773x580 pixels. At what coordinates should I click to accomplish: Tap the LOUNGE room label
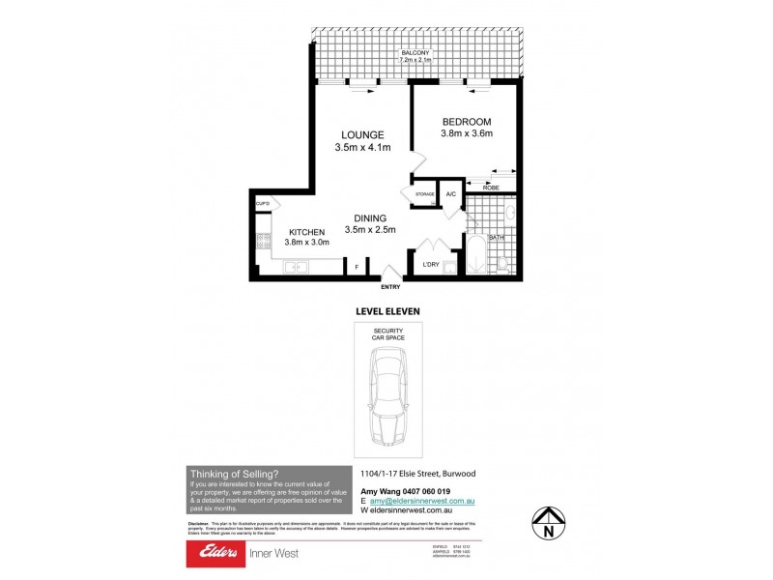pyautogui.click(x=362, y=134)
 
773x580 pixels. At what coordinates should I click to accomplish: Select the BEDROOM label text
pyautogui.click(x=467, y=121)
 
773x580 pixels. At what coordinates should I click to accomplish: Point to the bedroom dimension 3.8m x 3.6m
pyautogui.click(x=467, y=134)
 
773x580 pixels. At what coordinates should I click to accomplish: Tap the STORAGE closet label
pyautogui.click(x=425, y=194)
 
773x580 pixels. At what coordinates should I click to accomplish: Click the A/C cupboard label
pyautogui.click(x=450, y=194)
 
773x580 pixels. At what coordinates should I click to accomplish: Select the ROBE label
pyautogui.click(x=491, y=188)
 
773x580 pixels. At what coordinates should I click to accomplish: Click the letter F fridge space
pyautogui.click(x=357, y=266)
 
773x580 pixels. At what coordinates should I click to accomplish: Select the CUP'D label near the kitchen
pyautogui.click(x=262, y=204)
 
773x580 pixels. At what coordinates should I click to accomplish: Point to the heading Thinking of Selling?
pyautogui.click(x=234, y=473)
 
